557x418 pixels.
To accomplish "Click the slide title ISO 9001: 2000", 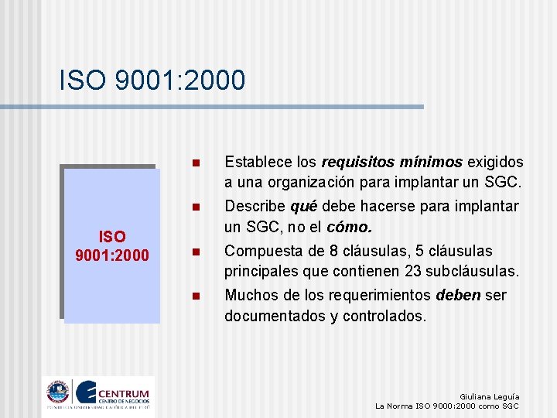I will tap(152, 80).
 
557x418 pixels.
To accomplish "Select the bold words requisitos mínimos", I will tap(391, 163).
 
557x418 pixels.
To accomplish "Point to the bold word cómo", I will tap(350, 228).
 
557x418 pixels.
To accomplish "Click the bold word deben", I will tap(454, 295).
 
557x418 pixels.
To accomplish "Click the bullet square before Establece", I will tap(196, 163).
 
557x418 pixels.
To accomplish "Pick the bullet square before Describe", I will tap(196, 207).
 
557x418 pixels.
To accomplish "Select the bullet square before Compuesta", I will tap(196, 252).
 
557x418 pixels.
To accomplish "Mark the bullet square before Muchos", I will tap(196, 296).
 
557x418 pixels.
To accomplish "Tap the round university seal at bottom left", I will tap(57, 392).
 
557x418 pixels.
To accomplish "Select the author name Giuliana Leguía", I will tap(489, 396).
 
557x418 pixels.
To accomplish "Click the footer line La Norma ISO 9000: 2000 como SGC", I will tap(446, 406).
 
